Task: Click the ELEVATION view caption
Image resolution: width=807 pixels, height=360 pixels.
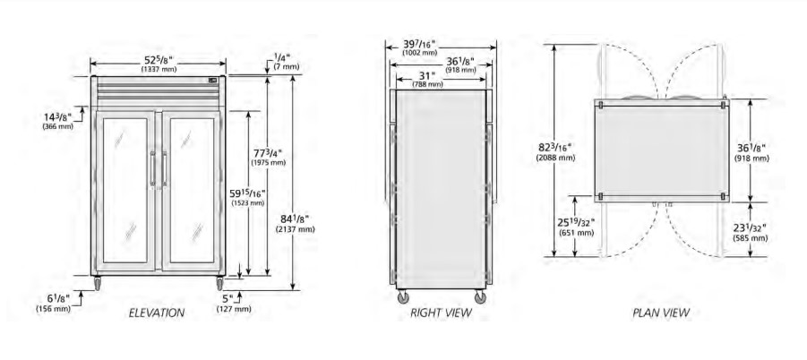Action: click(x=157, y=313)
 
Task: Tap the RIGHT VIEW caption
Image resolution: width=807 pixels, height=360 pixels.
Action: click(x=441, y=313)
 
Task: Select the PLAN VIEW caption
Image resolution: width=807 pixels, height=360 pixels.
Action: click(x=661, y=313)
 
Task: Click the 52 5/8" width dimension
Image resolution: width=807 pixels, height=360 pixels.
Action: click(x=159, y=60)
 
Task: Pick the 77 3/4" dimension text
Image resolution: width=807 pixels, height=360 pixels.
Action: click(x=268, y=153)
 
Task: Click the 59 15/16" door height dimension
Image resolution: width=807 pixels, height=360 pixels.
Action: click(x=247, y=193)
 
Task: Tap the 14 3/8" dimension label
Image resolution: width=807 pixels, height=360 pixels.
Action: click(x=57, y=116)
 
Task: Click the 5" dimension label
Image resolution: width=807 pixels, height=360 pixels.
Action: click(x=227, y=298)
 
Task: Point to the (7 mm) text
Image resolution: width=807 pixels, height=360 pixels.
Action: click(x=286, y=66)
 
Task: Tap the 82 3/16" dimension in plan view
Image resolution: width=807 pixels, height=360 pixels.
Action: click(x=555, y=148)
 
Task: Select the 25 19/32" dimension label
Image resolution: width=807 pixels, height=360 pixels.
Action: click(x=576, y=222)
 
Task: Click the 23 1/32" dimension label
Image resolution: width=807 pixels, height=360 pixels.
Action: click(x=751, y=227)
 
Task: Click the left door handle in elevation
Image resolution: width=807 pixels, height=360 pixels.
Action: click(x=152, y=168)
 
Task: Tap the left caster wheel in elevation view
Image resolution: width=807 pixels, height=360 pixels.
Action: click(x=97, y=283)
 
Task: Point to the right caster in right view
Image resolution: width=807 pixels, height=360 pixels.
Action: click(x=480, y=296)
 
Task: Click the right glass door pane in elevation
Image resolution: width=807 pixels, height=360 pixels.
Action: click(x=192, y=190)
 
